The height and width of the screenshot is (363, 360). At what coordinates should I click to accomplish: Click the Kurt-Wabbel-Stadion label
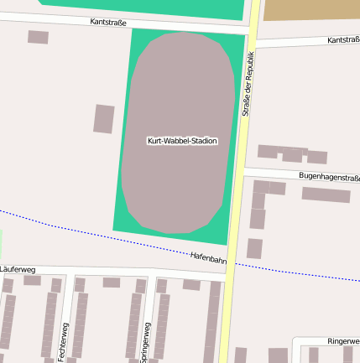[x=182, y=141]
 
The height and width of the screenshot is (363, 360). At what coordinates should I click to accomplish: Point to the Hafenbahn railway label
[x=208, y=258]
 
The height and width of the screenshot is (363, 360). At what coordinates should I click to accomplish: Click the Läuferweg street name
[x=18, y=269]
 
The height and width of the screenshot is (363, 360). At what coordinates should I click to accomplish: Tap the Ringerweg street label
[x=343, y=341]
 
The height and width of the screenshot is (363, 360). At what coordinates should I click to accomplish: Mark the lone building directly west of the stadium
[x=104, y=118]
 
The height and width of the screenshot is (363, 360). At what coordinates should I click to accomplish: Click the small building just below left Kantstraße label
[x=38, y=37]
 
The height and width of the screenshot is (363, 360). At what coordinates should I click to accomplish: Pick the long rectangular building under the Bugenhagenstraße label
[x=326, y=194]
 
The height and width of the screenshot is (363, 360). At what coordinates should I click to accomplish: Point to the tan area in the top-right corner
[x=311, y=9]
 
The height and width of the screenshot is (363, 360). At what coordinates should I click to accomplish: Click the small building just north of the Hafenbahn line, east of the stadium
[x=254, y=248]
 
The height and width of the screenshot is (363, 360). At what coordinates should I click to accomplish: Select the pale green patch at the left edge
[x=2, y=243]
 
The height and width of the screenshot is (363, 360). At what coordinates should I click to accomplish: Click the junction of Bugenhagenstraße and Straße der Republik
[x=240, y=172]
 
